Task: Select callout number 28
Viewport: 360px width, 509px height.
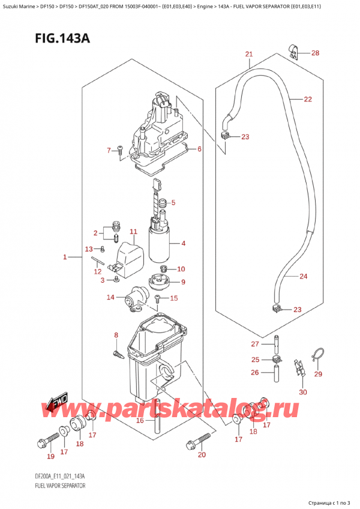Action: pyautogui.click(x=315, y=53)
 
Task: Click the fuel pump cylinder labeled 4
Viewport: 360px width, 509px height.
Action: pyautogui.click(x=160, y=243)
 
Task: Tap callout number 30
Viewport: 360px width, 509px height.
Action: pyautogui.click(x=302, y=393)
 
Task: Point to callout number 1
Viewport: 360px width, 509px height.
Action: pyautogui.click(x=64, y=258)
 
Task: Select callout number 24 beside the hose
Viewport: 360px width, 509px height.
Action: pyautogui.click(x=303, y=277)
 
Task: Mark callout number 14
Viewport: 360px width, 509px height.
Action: pyautogui.click(x=110, y=297)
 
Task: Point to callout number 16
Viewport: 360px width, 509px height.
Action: pyautogui.click(x=139, y=421)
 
